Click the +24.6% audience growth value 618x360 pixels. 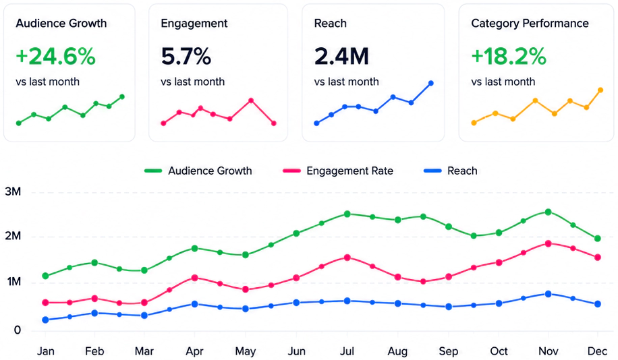(55, 57)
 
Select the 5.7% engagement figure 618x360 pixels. (186, 57)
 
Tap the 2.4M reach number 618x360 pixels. (341, 57)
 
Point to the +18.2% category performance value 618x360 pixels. (509, 57)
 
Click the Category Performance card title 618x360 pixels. (530, 23)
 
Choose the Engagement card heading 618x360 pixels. (194, 24)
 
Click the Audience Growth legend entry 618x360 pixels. (198, 171)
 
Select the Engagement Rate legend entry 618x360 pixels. (338, 171)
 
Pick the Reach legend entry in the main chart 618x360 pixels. (450, 171)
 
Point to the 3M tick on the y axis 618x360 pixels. (13, 192)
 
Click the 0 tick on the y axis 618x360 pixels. (18, 330)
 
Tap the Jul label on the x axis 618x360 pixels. (347, 351)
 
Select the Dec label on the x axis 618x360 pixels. (597, 351)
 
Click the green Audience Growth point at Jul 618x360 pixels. (347, 214)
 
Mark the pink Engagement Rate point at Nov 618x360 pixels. (548, 243)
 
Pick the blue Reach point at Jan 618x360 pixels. (45, 320)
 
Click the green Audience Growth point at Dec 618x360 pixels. (598, 238)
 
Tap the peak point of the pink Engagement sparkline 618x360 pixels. (251, 100)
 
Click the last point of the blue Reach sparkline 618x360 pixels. (431, 83)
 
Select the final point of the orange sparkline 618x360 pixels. (600, 90)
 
